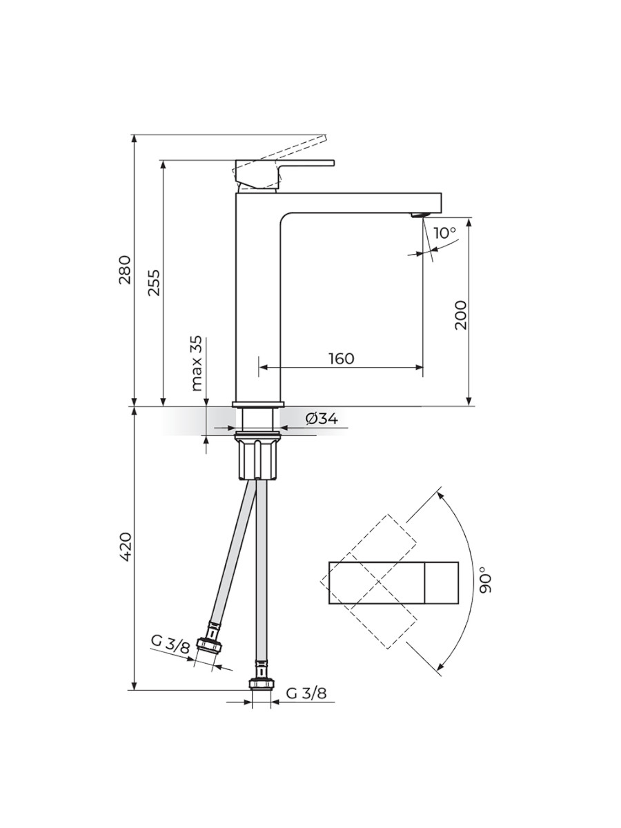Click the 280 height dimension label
[125, 270]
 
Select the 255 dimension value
[154, 282]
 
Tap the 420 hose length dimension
[125, 546]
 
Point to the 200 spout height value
[460, 315]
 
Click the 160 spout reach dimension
[342, 358]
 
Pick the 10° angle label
[444, 233]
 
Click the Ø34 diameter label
[322, 418]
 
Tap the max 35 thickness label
[197, 363]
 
